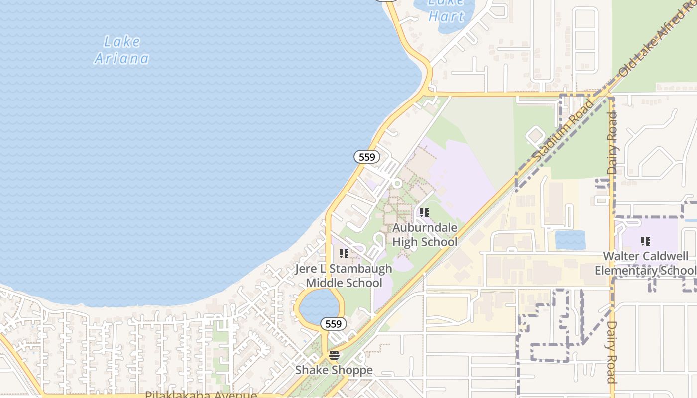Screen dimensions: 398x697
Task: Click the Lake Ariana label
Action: coord(122,50)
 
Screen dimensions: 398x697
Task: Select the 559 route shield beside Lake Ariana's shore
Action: coord(367,157)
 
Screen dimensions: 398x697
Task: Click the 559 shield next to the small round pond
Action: coord(333,324)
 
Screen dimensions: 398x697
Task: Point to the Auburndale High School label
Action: coord(425,235)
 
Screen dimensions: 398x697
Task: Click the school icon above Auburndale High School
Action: coord(424,213)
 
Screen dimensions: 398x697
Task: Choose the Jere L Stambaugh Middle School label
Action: coord(344,276)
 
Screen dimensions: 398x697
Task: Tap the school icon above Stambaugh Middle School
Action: coord(344,254)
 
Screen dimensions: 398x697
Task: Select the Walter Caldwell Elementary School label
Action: coord(646,263)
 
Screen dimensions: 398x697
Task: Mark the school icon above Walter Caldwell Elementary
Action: coord(646,241)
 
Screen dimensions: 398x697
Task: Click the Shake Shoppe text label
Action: coord(334,370)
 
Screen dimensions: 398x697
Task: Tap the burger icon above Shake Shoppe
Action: coord(334,355)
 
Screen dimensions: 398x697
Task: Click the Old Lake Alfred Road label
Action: coord(657,40)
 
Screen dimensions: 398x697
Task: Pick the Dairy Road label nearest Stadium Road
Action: coord(612,143)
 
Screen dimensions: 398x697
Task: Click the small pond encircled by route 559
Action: coord(319,304)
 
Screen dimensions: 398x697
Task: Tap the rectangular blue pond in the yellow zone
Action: coord(570,240)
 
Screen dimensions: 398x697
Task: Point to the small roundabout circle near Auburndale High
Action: coord(397,183)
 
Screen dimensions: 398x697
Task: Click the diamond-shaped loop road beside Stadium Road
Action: coord(535,135)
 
